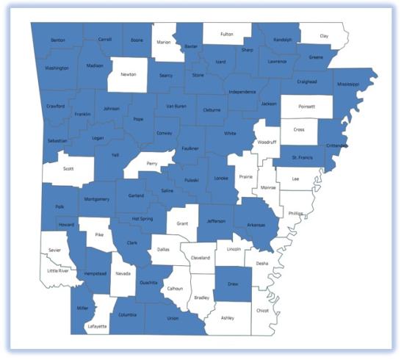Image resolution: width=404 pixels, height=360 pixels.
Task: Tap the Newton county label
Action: tap(128, 74)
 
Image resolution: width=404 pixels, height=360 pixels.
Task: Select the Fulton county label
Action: tap(226, 33)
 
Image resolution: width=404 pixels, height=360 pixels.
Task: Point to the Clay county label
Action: tap(324, 36)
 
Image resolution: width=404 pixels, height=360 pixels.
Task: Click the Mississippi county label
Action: tap(348, 84)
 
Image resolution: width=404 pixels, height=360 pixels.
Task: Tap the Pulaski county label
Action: tap(191, 180)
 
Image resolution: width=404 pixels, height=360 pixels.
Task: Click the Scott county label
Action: tap(68, 168)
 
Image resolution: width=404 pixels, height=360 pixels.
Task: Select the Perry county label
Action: tap(152, 163)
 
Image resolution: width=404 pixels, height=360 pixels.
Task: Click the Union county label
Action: tap(173, 318)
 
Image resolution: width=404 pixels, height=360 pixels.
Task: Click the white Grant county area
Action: tap(182, 222)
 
